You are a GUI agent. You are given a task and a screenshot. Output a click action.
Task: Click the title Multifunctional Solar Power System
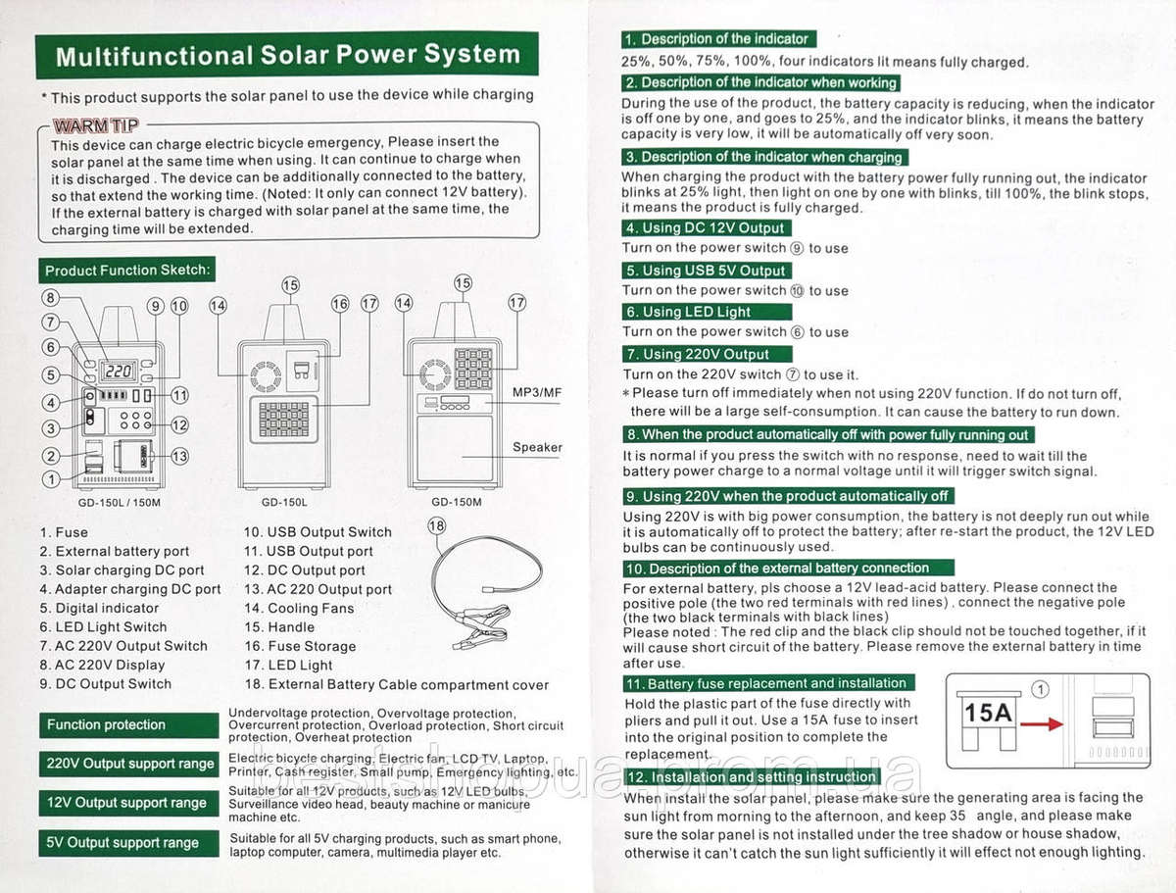(x=287, y=55)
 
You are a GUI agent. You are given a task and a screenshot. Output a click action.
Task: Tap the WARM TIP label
(x=95, y=124)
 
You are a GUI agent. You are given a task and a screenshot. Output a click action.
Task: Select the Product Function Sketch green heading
(x=128, y=271)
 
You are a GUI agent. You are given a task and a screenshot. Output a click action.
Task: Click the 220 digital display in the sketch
(x=120, y=372)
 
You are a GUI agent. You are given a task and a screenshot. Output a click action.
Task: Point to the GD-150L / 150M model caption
(x=119, y=502)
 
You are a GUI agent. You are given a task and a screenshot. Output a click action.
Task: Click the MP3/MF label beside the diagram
(x=537, y=392)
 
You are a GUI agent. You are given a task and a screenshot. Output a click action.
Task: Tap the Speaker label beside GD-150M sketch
(x=537, y=447)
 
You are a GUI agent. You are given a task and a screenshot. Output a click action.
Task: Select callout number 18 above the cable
(x=437, y=526)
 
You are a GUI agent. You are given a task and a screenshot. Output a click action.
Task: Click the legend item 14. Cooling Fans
(x=299, y=608)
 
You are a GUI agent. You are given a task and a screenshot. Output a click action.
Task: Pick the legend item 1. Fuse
(x=64, y=532)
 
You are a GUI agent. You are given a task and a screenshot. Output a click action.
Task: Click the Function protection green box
(x=128, y=725)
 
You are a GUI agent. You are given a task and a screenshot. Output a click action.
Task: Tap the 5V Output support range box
(x=128, y=842)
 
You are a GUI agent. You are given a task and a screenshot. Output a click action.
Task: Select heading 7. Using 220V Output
(x=699, y=354)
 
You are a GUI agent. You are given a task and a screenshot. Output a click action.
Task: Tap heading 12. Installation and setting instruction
(x=752, y=776)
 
